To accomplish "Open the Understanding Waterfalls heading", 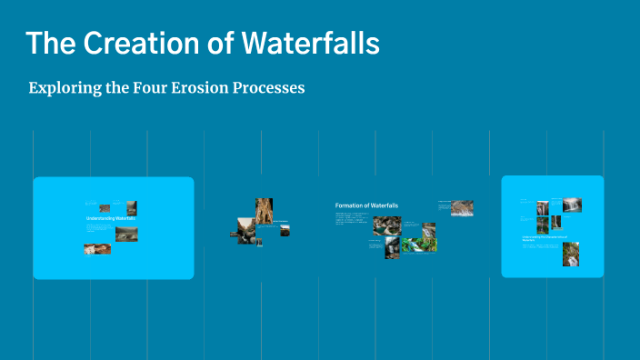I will (110, 219).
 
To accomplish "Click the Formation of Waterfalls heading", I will (366, 205).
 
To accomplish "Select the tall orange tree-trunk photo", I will (264, 211).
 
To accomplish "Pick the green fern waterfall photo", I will (392, 248).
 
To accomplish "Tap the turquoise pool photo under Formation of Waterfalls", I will (419, 245).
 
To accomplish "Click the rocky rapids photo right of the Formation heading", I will (462, 208).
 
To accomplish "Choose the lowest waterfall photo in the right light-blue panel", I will (571, 254).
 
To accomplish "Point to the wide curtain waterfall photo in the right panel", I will (572, 205).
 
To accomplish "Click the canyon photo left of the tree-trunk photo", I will (245, 228).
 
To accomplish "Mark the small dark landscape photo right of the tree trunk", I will (285, 230).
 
